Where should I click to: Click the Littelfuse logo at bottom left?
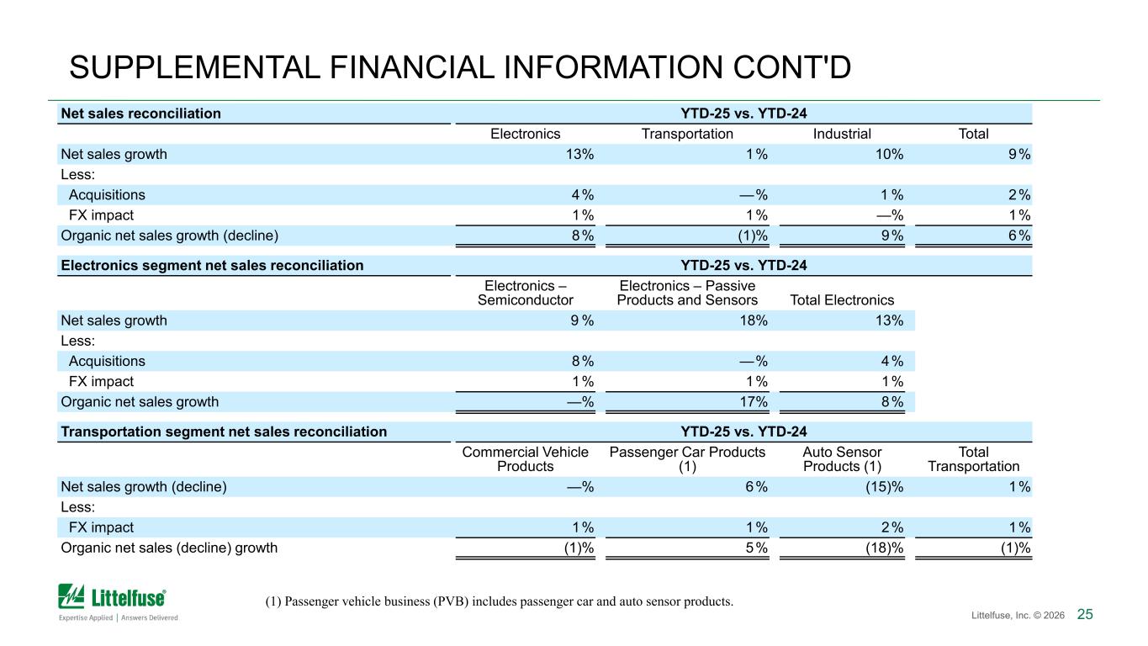click(x=119, y=603)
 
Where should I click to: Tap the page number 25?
click(x=1085, y=614)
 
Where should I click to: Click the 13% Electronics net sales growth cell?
click(x=579, y=154)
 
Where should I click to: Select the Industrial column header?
click(x=842, y=134)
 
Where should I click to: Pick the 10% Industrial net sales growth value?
click(x=889, y=154)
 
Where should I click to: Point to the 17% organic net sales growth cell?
click(x=754, y=402)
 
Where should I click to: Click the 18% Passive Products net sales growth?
click(x=754, y=320)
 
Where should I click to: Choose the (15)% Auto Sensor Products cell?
click(x=885, y=486)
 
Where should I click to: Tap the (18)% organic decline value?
click(x=885, y=548)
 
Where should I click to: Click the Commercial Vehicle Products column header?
click(x=526, y=459)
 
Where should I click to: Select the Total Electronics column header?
click(x=842, y=300)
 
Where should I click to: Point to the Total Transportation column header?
click(x=973, y=459)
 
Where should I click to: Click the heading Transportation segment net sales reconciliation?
click(x=224, y=432)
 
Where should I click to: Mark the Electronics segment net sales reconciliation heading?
click(x=212, y=266)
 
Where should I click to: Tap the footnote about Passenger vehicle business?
click(x=500, y=601)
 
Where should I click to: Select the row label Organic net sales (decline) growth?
click(x=169, y=548)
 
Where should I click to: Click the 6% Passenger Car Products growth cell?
click(x=756, y=486)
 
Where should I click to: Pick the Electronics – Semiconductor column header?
click(x=526, y=293)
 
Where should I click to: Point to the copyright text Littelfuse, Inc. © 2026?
click(x=1018, y=615)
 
